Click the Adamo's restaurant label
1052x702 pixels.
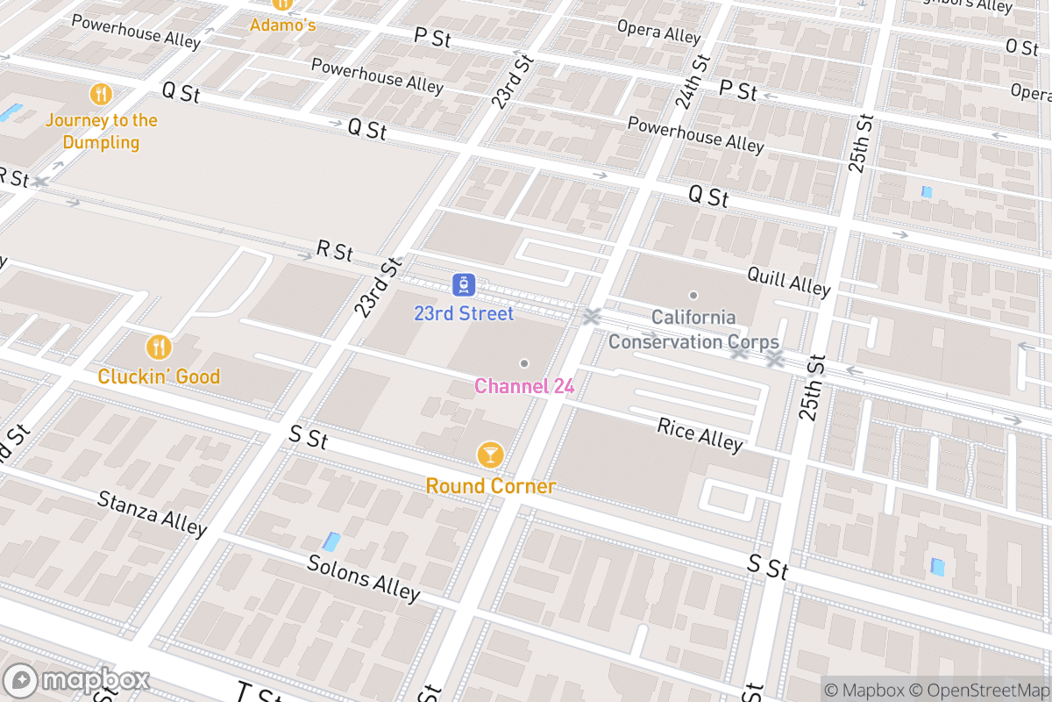pos(282,25)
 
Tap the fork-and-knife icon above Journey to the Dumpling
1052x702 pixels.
pos(102,94)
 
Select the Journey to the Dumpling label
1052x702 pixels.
pos(102,132)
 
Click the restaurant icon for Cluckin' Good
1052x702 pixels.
pos(159,347)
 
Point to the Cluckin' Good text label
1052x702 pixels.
pos(159,376)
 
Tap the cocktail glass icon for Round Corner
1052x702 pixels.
pos(490,455)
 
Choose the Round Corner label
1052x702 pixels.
pos(490,486)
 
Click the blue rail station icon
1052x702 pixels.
pos(464,284)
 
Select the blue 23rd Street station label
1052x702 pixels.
pos(464,313)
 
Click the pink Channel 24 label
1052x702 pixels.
pos(524,386)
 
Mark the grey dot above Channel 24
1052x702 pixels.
pos(524,362)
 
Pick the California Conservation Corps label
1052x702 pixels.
pos(693,329)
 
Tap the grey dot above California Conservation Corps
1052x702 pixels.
pos(693,296)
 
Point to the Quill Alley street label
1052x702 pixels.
pos(788,281)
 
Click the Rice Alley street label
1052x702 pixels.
pos(700,434)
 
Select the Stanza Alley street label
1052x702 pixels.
pos(152,513)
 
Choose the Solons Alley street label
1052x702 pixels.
pos(363,577)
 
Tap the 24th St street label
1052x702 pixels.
pos(693,80)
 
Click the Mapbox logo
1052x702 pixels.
pos(77,681)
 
